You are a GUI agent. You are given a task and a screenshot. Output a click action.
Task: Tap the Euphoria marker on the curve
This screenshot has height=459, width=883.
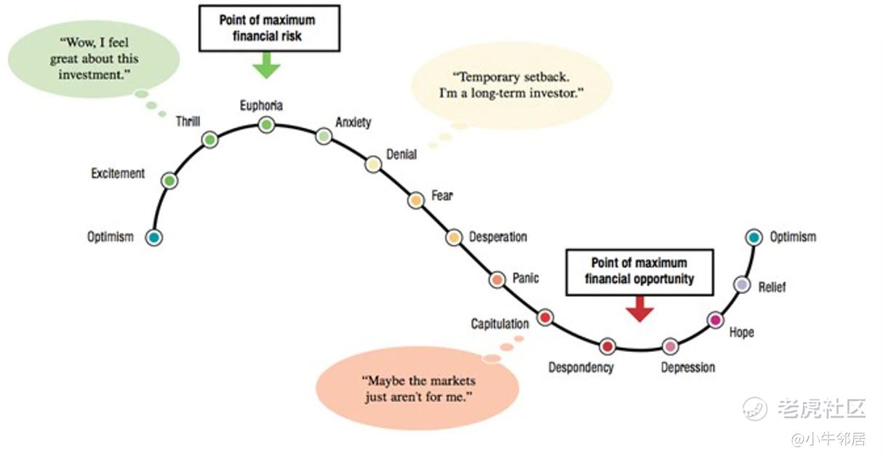click(266, 125)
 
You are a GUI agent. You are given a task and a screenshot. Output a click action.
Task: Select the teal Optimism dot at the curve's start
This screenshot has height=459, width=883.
click(153, 237)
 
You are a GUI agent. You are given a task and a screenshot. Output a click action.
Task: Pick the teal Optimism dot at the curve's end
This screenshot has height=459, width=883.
click(754, 236)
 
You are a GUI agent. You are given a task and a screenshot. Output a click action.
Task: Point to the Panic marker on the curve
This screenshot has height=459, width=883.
click(498, 279)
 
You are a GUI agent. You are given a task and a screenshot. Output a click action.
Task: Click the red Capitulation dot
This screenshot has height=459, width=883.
click(545, 317)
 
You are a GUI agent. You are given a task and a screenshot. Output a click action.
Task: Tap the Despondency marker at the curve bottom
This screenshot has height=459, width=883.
click(607, 346)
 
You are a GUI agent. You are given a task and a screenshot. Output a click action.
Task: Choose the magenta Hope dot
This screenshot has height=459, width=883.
click(715, 320)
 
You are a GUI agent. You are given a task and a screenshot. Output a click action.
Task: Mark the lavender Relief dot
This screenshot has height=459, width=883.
click(741, 284)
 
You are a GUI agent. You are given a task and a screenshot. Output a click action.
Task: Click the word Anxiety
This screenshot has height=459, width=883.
click(353, 121)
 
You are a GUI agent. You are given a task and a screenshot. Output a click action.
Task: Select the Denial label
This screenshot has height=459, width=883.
click(401, 154)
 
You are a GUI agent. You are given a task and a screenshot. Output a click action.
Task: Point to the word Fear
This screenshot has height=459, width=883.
click(441, 195)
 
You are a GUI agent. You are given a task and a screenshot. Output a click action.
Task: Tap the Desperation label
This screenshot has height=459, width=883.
click(498, 237)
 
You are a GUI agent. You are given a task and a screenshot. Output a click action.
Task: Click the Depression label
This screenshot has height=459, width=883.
click(687, 367)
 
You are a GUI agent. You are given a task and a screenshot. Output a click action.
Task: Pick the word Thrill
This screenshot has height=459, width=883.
click(188, 121)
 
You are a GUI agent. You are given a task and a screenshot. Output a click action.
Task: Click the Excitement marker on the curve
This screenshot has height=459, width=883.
click(169, 180)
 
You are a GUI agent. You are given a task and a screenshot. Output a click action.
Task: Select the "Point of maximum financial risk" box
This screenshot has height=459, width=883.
click(269, 28)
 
